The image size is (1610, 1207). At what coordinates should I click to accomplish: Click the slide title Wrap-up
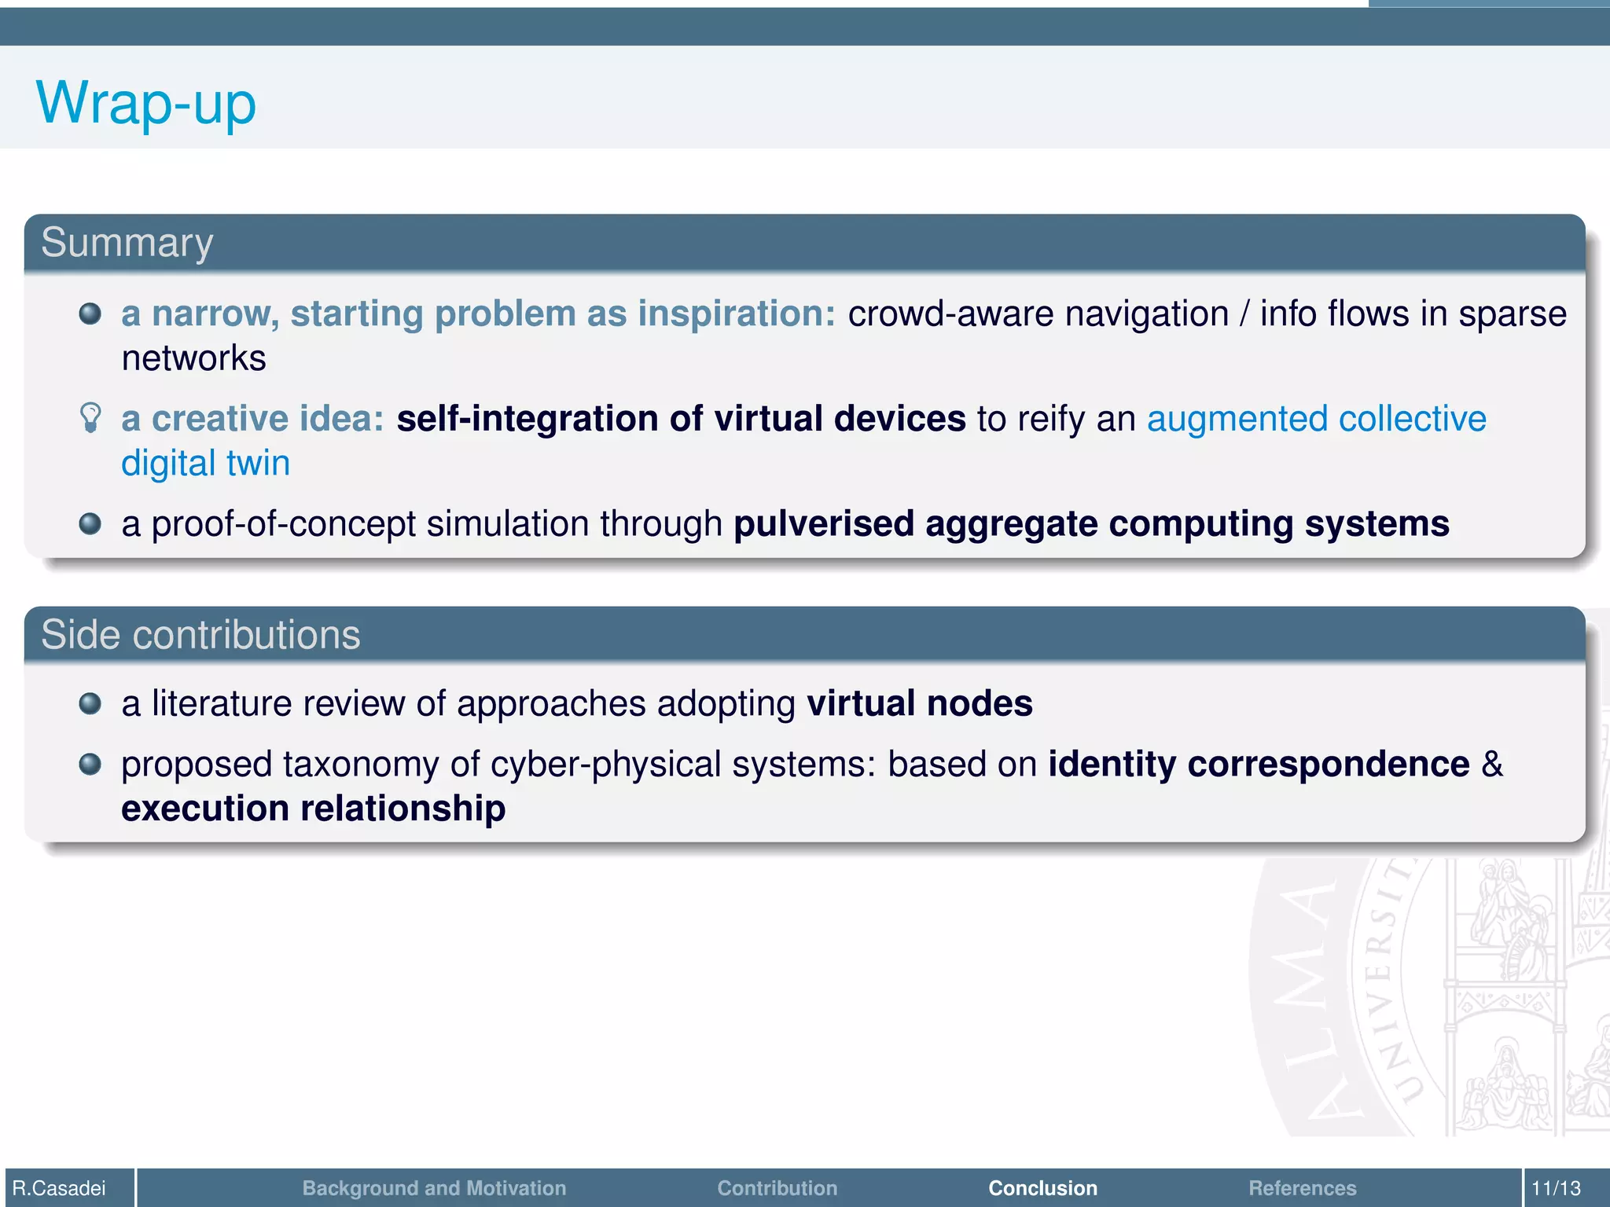click(146, 103)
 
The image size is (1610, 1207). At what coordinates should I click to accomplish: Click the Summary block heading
click(127, 243)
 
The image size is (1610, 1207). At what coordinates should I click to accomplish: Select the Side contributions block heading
click(200, 635)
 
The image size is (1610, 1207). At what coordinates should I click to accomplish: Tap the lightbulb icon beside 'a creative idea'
click(91, 417)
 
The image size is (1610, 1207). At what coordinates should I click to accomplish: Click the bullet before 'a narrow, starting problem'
click(90, 314)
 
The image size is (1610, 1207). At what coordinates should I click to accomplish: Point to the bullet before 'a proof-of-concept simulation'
click(90, 523)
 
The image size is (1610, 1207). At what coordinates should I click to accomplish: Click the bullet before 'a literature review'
click(90, 703)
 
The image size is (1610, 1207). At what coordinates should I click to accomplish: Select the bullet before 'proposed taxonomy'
click(90, 764)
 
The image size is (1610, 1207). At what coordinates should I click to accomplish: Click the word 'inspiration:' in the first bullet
click(737, 314)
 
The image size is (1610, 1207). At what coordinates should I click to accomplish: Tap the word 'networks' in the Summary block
click(194, 359)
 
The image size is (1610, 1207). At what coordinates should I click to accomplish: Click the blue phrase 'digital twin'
click(206, 464)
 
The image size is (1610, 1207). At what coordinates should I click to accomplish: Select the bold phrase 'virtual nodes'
click(920, 703)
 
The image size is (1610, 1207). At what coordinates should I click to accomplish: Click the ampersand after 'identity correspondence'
click(1492, 764)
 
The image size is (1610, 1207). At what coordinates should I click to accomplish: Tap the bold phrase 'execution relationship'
click(313, 809)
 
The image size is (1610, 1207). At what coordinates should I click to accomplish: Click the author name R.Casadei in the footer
click(60, 1188)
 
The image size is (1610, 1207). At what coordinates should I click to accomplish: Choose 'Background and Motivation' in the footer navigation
click(434, 1188)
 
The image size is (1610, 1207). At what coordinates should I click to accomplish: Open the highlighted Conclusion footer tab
click(1042, 1188)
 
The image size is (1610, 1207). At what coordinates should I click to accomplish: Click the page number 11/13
click(1556, 1188)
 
